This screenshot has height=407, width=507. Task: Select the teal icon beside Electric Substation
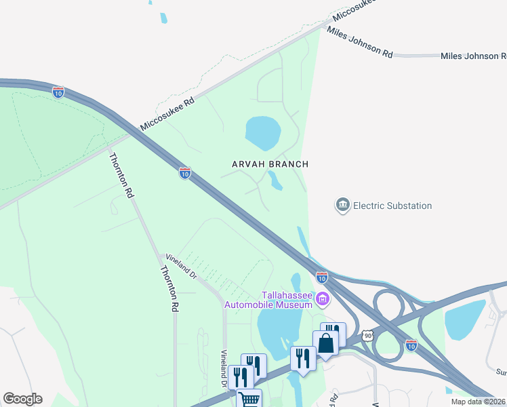click(x=342, y=205)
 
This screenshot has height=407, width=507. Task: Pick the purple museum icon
click(x=323, y=298)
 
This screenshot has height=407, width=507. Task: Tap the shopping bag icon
click(x=325, y=343)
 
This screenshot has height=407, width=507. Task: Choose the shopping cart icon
click(x=249, y=399)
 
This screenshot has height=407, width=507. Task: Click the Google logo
click(x=22, y=399)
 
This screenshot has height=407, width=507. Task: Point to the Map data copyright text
click(x=478, y=402)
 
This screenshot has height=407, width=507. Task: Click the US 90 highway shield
click(x=367, y=336)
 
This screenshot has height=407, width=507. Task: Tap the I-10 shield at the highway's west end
click(x=58, y=92)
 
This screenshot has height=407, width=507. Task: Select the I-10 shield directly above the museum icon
click(x=322, y=277)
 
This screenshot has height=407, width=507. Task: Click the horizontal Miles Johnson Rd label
click(x=473, y=56)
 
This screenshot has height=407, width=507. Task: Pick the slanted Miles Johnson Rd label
click(x=359, y=42)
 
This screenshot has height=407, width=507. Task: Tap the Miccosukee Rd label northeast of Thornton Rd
click(x=167, y=113)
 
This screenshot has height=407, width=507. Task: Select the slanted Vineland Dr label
click(x=181, y=267)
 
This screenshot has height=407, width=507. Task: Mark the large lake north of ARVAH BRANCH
click(x=262, y=132)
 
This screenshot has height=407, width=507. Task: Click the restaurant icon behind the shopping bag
click(x=334, y=332)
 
